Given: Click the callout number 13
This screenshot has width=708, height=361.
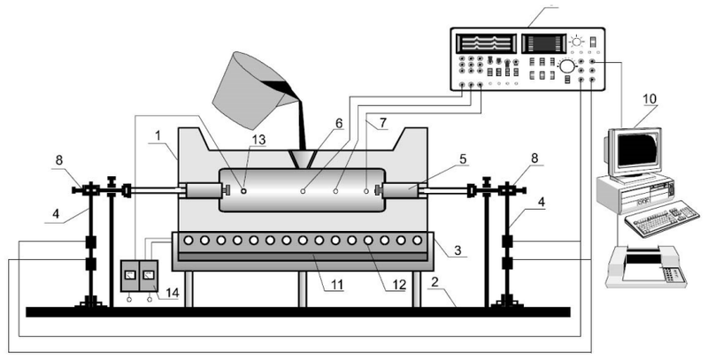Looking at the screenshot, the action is pyautogui.click(x=259, y=140).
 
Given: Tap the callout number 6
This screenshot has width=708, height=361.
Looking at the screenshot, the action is pyautogui.click(x=339, y=123).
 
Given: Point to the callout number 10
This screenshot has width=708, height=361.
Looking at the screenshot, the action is pyautogui.click(x=650, y=98).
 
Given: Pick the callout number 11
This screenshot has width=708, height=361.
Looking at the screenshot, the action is pyautogui.click(x=337, y=284).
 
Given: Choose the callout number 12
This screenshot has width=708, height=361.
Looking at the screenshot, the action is pyautogui.click(x=399, y=284).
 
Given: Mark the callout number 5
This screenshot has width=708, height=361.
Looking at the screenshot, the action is pyautogui.click(x=463, y=160).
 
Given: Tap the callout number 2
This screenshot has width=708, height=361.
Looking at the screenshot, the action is pyautogui.click(x=435, y=282).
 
